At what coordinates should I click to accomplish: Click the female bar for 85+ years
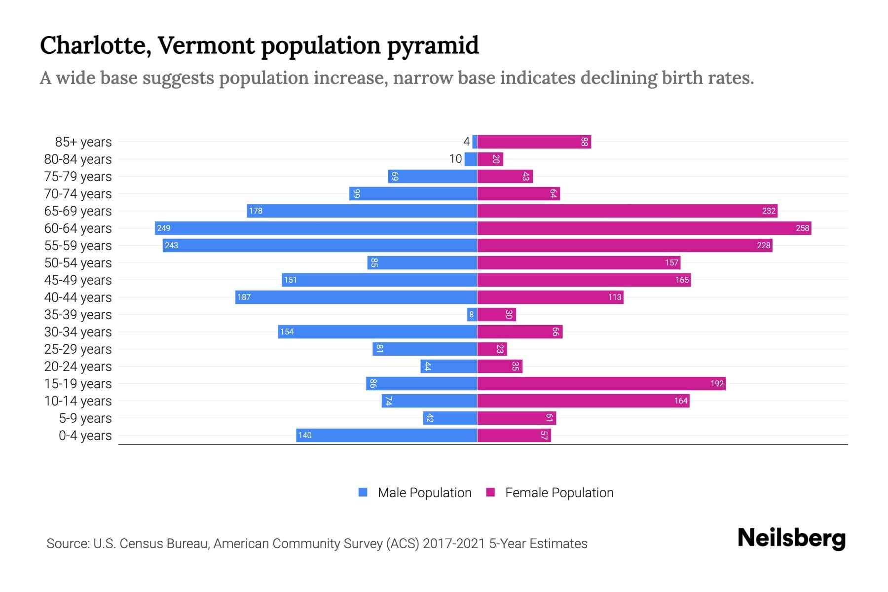coord(534,142)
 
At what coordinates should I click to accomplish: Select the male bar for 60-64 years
coord(316,228)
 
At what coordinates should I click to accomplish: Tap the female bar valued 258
coord(644,228)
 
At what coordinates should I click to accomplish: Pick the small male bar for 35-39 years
coord(472,315)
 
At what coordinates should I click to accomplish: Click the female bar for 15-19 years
coord(601,384)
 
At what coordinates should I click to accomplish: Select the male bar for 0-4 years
coord(386,436)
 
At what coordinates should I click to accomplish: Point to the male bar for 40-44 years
coord(356,297)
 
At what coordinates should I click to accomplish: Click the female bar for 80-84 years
coord(490,159)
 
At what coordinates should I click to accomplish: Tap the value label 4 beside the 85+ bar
coord(466,142)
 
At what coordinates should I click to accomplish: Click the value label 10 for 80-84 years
coord(455,159)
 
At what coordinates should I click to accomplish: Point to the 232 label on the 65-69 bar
coord(769,211)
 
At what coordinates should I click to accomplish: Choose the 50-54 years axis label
coord(78,263)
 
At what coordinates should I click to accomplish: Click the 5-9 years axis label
coord(85,418)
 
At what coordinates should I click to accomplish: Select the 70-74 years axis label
coord(78,194)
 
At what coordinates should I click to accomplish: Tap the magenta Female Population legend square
coord(490,492)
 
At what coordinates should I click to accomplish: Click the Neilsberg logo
coord(791,538)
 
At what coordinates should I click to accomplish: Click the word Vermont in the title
coord(206,45)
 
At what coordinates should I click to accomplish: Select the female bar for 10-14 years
coord(583,401)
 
